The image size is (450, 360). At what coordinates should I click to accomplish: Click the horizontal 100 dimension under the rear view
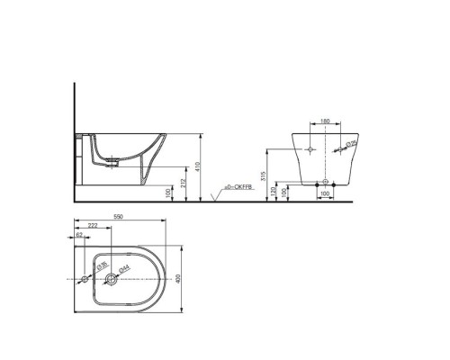324,195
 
